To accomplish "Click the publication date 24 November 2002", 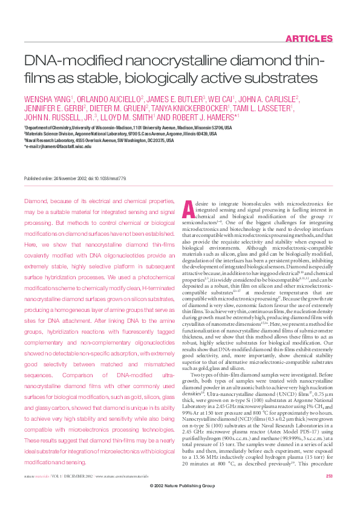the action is click(x=70, y=179).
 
